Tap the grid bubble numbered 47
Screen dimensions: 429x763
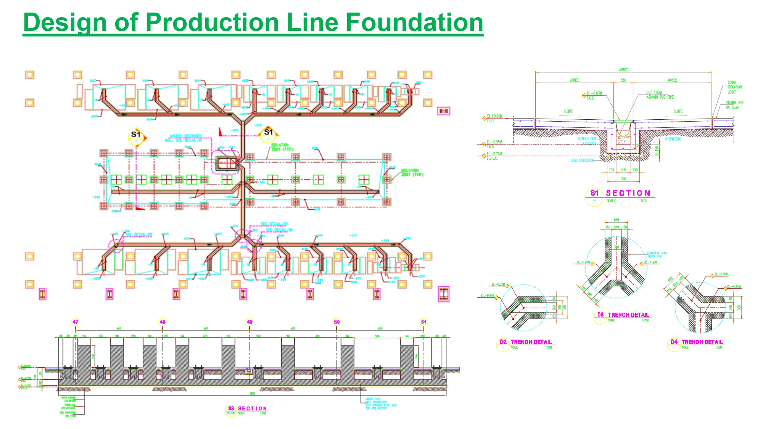coord(76,322)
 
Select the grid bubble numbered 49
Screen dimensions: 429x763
coord(250,322)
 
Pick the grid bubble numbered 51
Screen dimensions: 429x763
coord(423,322)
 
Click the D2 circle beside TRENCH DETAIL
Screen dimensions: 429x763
coord(503,342)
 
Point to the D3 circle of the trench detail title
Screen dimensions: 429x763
coord(600,315)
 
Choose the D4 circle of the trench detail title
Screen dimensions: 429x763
coord(674,342)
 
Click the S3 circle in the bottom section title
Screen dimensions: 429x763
coord(231,408)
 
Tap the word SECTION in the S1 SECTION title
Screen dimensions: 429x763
coord(628,193)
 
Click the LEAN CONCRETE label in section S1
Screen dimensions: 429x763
coord(582,161)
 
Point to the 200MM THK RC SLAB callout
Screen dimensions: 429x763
coord(734,105)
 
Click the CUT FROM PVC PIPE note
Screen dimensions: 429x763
coord(660,95)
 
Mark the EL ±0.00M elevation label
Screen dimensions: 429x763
coord(494,116)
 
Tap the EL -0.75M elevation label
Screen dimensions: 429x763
coord(494,154)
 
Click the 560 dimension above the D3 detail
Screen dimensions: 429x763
coord(617,220)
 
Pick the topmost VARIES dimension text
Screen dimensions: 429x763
coord(623,70)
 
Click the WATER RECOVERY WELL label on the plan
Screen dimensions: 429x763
coord(185,138)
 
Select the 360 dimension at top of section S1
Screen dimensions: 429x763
coord(623,80)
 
